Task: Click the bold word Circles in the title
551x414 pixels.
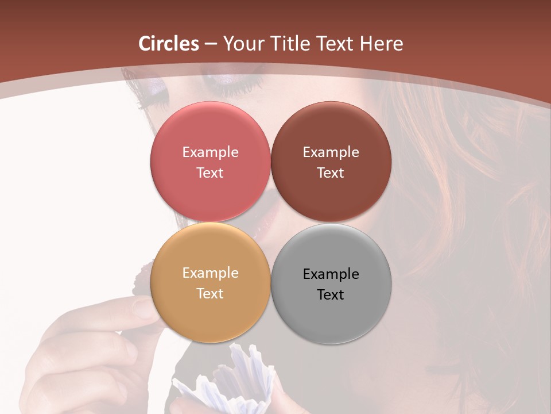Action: pos(169,44)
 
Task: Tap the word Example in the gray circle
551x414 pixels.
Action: pos(331,274)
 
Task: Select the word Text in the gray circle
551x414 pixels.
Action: pos(331,294)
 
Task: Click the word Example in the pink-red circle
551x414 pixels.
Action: pos(210,152)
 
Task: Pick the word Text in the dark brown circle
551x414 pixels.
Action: pos(331,172)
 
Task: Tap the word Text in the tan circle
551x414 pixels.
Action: pos(210,293)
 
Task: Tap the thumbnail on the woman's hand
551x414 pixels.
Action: pos(143,308)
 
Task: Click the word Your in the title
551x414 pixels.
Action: pos(241,44)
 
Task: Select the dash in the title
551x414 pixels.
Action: pos(211,44)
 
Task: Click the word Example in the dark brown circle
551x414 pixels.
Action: pos(331,152)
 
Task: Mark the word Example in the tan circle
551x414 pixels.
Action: pos(210,273)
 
